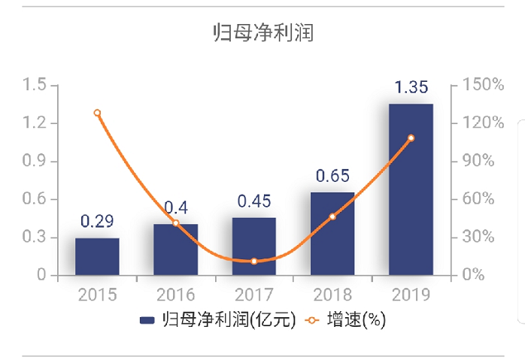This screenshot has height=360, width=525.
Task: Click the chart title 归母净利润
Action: (262, 33)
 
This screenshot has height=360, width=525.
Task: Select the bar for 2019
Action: (411, 189)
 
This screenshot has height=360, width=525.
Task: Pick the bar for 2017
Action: (254, 247)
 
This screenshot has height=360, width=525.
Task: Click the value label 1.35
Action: (411, 87)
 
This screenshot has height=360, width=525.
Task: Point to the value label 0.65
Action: (332, 176)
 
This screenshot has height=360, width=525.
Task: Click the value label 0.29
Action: (97, 221)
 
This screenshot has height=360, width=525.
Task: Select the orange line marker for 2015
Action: (97, 113)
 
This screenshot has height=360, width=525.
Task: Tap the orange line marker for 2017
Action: (254, 261)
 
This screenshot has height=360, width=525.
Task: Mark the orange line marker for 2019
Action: (411, 138)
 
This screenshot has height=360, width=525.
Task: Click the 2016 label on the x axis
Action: (175, 294)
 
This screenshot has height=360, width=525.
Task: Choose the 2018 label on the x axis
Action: (332, 294)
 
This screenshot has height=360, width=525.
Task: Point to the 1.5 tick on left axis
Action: (35, 85)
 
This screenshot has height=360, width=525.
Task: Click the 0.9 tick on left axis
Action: (35, 161)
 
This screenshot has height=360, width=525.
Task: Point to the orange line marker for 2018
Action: (332, 216)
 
